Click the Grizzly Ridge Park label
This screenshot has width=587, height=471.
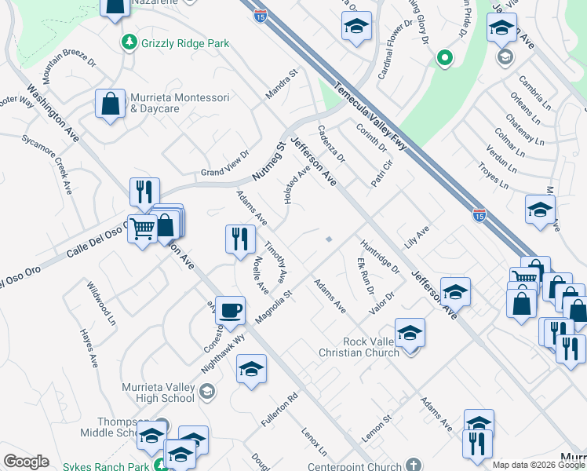(184, 42)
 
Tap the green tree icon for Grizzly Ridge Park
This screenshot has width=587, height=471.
(127, 41)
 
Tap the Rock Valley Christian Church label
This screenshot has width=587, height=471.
(372, 347)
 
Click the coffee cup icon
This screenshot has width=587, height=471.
(230, 310)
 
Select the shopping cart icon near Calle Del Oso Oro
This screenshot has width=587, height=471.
(142, 229)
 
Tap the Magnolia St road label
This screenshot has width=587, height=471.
(273, 308)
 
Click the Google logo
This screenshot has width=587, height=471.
(26, 462)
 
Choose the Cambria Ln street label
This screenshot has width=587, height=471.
(533, 91)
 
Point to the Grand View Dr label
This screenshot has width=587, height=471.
(224, 170)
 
